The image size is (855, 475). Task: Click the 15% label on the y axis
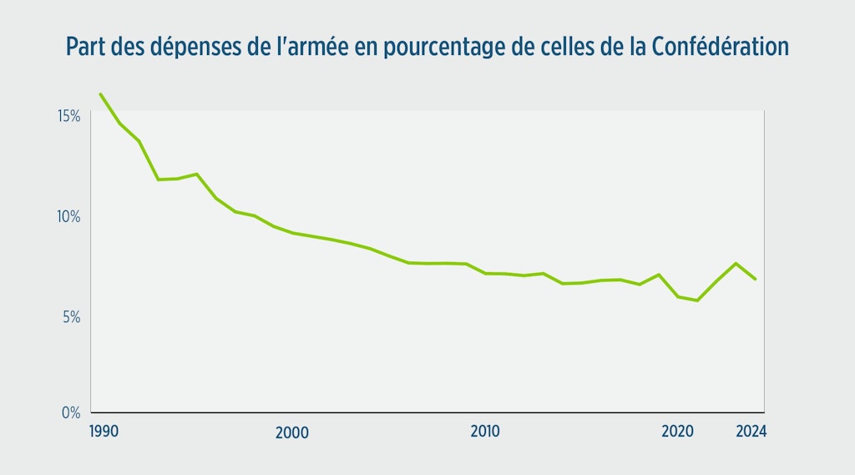[x=68, y=115]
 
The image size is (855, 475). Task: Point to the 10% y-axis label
[x=68, y=216]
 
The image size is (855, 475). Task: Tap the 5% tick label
[x=70, y=317]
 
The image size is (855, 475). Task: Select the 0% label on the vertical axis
[x=70, y=412]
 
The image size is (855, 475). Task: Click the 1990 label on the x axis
[x=104, y=432]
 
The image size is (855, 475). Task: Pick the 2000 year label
[x=291, y=432]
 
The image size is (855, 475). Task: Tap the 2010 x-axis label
[x=485, y=432]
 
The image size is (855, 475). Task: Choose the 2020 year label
[x=678, y=432]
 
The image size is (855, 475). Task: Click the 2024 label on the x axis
[x=751, y=432]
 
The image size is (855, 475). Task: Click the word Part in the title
[x=83, y=47]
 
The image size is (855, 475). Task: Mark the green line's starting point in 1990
[x=100, y=93]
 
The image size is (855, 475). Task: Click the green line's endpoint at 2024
[x=756, y=279]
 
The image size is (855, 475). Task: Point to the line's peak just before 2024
[x=736, y=264]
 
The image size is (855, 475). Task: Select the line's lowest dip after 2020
[x=697, y=301]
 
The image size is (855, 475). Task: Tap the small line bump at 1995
[x=196, y=174]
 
